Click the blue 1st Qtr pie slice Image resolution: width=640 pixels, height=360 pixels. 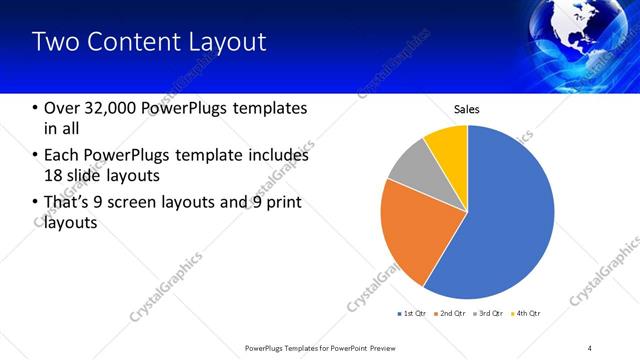pyautogui.click(x=505, y=220)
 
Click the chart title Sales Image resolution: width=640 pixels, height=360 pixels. pyautogui.click(x=467, y=108)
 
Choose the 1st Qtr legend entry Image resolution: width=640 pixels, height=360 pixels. pyautogui.click(x=413, y=314)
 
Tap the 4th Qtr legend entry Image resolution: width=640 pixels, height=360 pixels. pyautogui.click(x=526, y=314)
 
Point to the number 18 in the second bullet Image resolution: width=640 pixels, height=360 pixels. pyautogui.click(x=53, y=175)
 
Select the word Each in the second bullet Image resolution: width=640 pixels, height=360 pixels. pyautogui.click(x=62, y=156)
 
